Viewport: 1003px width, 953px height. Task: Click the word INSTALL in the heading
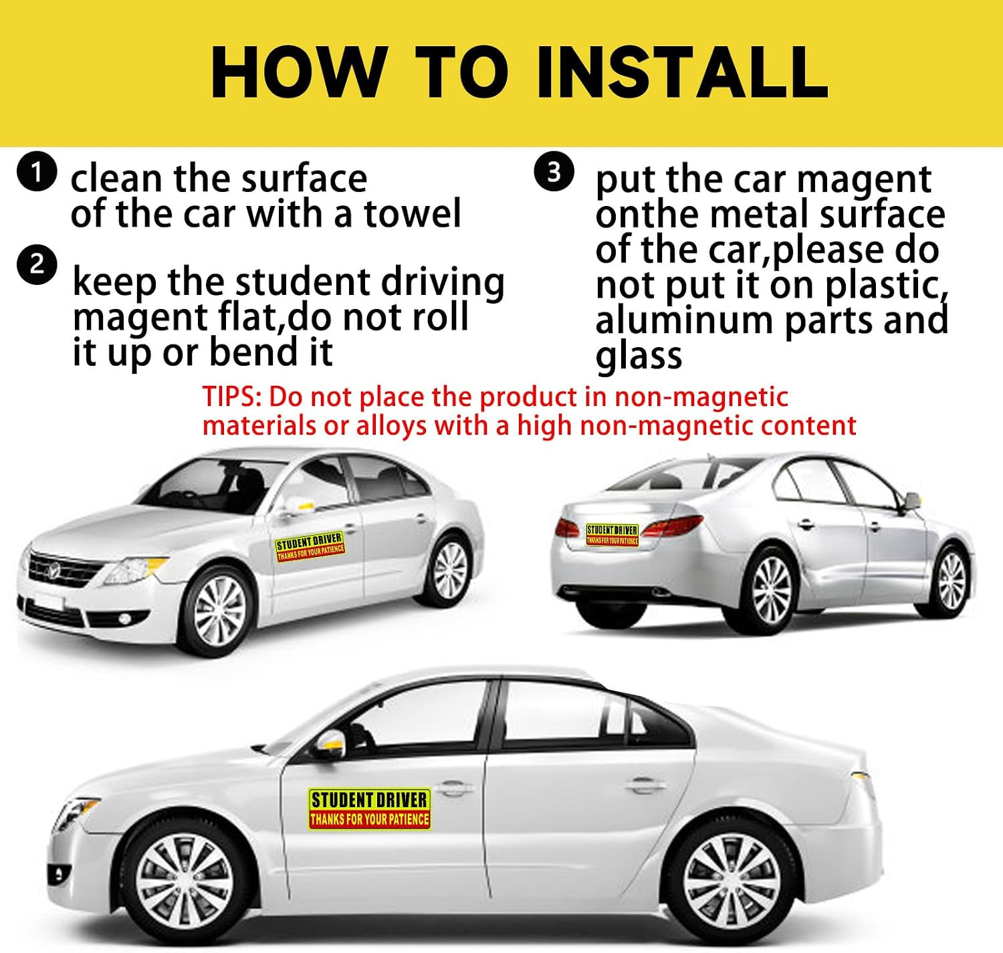coord(683,72)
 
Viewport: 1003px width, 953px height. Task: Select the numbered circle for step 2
coord(35,266)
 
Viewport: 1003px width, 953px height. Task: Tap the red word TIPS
coord(232,397)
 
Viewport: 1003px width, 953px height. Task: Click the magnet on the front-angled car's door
coord(310,546)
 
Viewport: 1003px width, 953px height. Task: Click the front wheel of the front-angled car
coord(220,610)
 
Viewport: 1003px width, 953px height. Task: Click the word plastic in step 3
coord(886,286)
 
